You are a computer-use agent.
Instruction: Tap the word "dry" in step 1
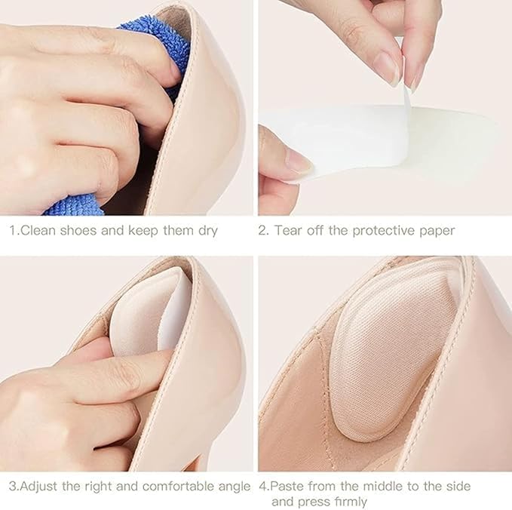click(x=207, y=232)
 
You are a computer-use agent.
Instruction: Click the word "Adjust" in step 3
click(x=39, y=487)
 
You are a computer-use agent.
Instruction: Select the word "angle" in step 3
click(x=234, y=487)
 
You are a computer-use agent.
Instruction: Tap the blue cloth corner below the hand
click(x=73, y=206)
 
